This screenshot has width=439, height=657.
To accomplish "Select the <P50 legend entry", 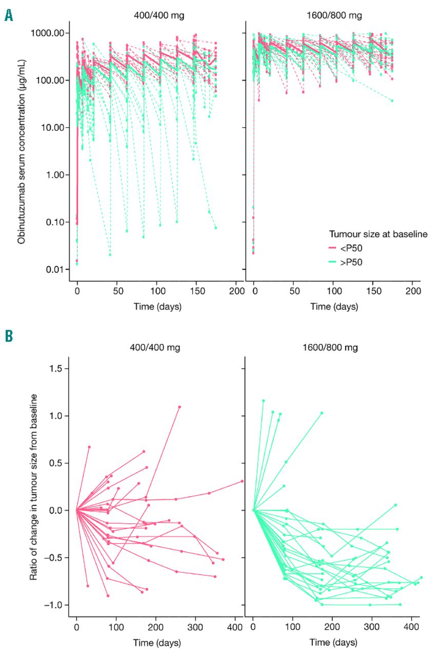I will (x=354, y=248).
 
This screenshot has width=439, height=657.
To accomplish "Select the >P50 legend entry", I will (x=354, y=262).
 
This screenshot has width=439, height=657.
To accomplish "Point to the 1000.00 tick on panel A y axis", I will (x=49, y=33).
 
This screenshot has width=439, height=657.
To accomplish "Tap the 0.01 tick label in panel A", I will (x=56, y=269).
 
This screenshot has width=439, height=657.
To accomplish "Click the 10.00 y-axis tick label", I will (x=54, y=127).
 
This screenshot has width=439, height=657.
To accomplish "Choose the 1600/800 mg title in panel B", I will (x=332, y=347).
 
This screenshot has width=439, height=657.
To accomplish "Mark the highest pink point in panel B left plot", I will (x=179, y=407).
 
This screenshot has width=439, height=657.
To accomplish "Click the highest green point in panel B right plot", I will (x=263, y=400).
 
